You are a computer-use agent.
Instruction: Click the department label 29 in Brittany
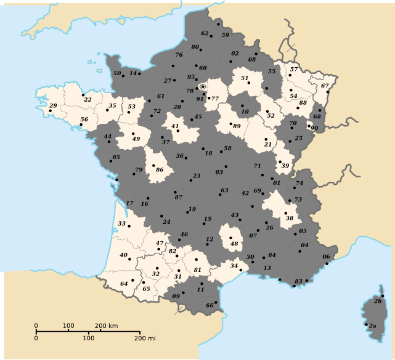(53, 106)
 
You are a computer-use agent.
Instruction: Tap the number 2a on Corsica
(373, 325)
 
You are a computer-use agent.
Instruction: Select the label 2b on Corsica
(378, 301)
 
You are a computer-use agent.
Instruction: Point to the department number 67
(325, 86)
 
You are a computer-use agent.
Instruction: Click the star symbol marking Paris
(203, 87)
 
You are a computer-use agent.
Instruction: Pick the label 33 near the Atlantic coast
(122, 223)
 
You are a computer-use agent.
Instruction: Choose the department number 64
(124, 284)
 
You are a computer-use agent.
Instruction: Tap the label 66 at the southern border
(210, 305)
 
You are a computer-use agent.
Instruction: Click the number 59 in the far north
(225, 35)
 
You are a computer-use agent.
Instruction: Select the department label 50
(117, 73)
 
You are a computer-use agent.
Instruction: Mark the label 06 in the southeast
(327, 256)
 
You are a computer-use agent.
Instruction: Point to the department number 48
(234, 243)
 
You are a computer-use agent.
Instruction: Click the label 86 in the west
(160, 170)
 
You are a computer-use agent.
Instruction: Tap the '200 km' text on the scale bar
(106, 325)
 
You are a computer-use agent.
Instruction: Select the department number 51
(244, 78)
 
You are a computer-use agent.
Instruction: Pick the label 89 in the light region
(237, 126)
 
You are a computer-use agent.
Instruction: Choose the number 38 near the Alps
(289, 218)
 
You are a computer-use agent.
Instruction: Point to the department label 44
(108, 136)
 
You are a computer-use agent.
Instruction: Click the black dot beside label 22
(83, 95)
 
